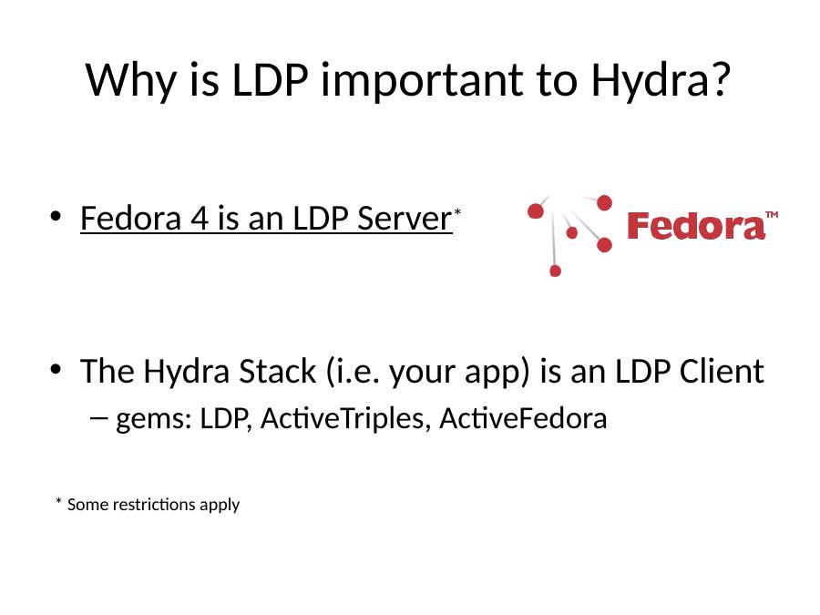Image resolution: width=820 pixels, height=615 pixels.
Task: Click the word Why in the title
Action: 130,80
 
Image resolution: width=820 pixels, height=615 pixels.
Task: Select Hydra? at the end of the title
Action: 661,80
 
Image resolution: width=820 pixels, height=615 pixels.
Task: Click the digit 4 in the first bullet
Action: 200,219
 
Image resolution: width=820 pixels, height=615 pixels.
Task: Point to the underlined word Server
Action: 405,218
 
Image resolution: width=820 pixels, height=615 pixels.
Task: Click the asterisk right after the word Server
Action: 457,211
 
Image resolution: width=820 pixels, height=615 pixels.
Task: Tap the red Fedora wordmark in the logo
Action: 695,227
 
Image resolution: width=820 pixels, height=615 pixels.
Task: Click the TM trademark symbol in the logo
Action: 772,214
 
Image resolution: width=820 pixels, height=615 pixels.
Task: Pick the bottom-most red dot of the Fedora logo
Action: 556,271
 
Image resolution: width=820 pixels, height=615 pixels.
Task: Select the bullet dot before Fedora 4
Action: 56,216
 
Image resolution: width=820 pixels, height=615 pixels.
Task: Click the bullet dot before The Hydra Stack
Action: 56,369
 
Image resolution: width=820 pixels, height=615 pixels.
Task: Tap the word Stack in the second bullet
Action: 277,372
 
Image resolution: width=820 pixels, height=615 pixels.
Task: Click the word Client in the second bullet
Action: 722,372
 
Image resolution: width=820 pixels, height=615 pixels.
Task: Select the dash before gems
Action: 98,417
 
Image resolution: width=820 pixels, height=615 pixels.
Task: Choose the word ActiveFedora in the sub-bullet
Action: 523,418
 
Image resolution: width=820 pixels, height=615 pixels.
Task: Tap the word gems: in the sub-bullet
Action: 154,420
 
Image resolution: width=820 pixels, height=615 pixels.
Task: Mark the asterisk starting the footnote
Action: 58,501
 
